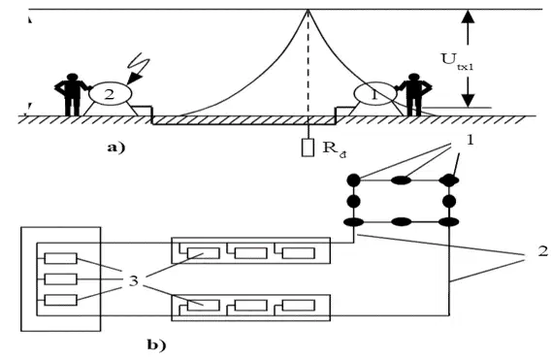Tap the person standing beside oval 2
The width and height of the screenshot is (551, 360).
72,94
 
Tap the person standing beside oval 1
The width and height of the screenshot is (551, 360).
414,94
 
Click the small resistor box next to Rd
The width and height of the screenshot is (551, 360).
308,147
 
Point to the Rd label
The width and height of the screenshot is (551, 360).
334,148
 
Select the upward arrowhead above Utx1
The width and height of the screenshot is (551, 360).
468,16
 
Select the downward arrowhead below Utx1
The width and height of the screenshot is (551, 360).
468,100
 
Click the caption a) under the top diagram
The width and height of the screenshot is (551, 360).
116,147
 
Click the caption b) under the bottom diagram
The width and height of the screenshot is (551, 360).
156,344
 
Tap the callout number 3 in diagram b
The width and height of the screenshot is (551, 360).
134,280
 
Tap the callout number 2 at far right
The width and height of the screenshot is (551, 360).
543,251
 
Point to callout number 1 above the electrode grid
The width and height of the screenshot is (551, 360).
470,141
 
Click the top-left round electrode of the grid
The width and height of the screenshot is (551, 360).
353,180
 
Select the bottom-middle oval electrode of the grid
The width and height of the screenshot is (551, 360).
402,222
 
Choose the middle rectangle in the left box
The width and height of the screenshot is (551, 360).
61,279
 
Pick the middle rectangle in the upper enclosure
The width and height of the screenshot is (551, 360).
250,253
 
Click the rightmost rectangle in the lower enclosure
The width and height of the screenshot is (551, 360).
299,305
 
